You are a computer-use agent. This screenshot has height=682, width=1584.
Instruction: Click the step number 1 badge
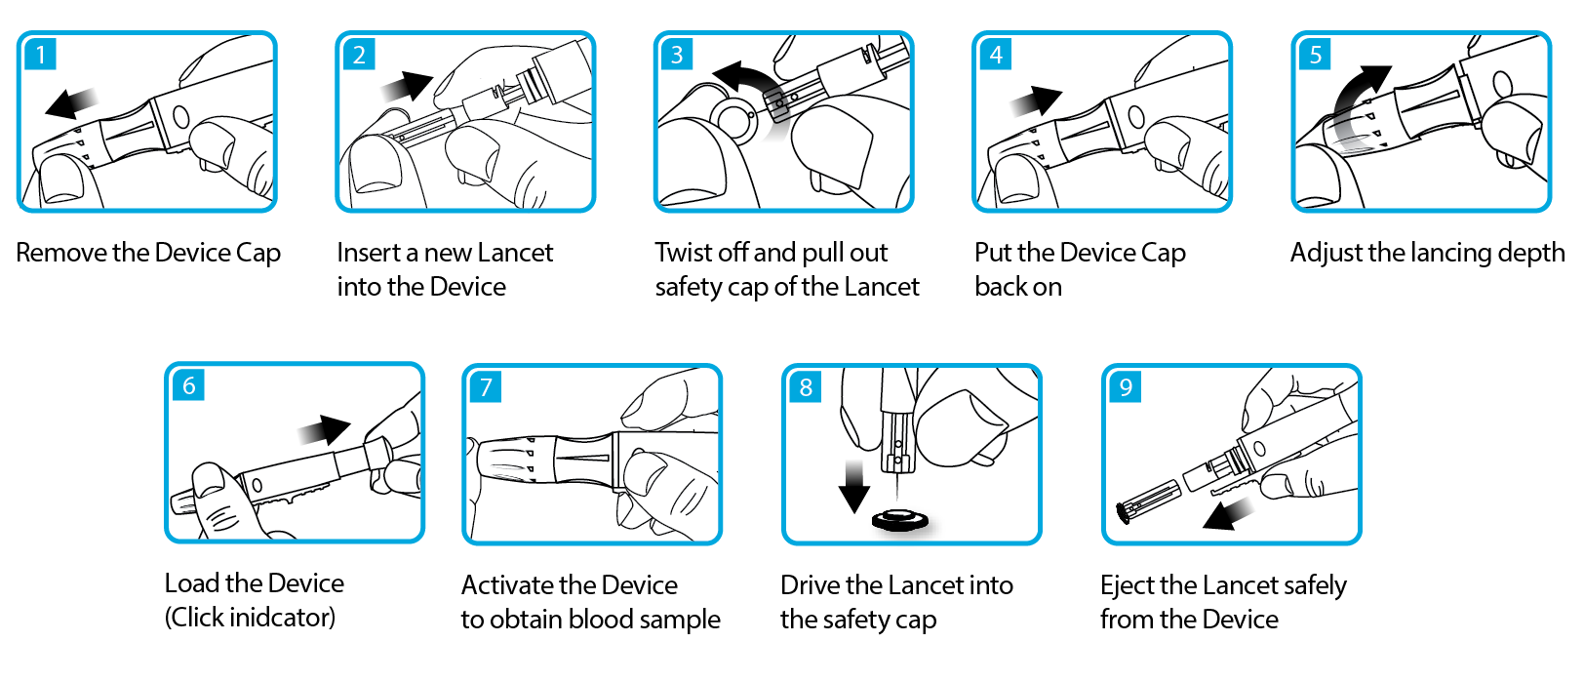pos(41,54)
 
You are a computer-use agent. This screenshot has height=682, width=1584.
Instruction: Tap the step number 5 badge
pos(1315,54)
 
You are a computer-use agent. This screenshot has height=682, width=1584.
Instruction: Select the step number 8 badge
pos(806,386)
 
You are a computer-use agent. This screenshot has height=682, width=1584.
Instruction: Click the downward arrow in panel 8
pos(854,487)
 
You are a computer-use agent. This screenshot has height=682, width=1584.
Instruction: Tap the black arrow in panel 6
pos(325,430)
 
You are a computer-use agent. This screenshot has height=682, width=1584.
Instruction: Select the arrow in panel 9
pos(1228,513)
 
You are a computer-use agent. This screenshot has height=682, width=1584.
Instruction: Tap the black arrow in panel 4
pos(1037,100)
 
